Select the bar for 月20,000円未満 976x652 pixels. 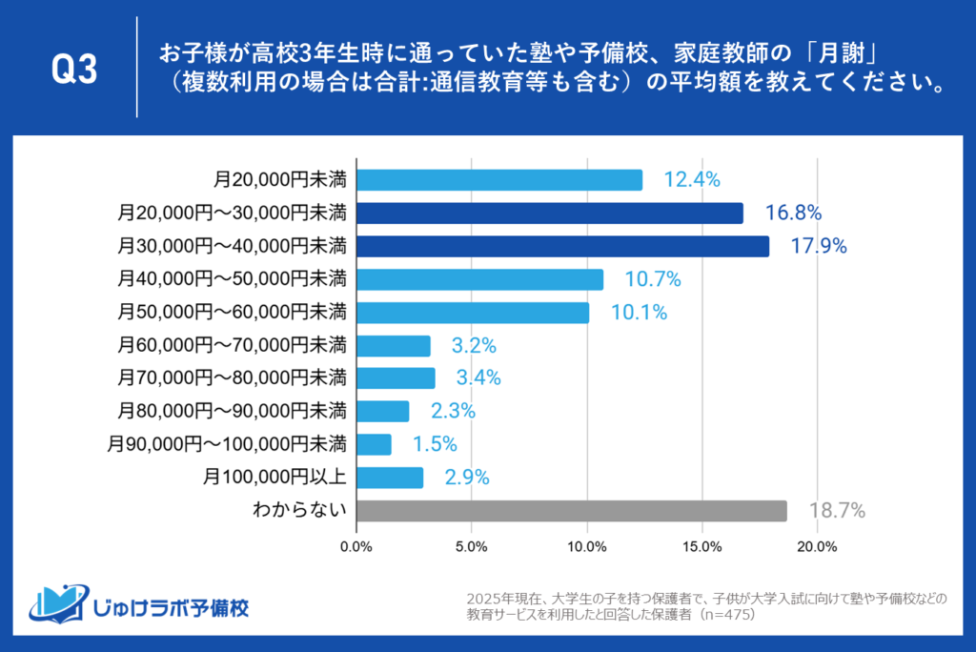coord(498,180)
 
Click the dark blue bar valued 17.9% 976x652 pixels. coord(562,246)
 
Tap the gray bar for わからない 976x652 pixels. coord(571,511)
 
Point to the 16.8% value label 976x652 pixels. coord(793,213)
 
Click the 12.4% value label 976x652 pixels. coord(691,180)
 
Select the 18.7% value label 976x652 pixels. coord(837,511)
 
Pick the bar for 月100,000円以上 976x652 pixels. coord(389,478)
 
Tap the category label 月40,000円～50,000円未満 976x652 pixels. coord(233,279)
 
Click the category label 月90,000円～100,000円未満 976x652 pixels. coord(227,444)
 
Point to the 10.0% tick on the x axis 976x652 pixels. coord(587,546)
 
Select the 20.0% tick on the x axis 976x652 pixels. coord(817,546)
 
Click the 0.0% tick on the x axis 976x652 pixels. coord(356,546)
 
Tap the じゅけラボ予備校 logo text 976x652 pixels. coord(172,607)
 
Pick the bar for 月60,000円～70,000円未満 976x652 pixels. coord(393,345)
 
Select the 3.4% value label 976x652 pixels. coord(478,378)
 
